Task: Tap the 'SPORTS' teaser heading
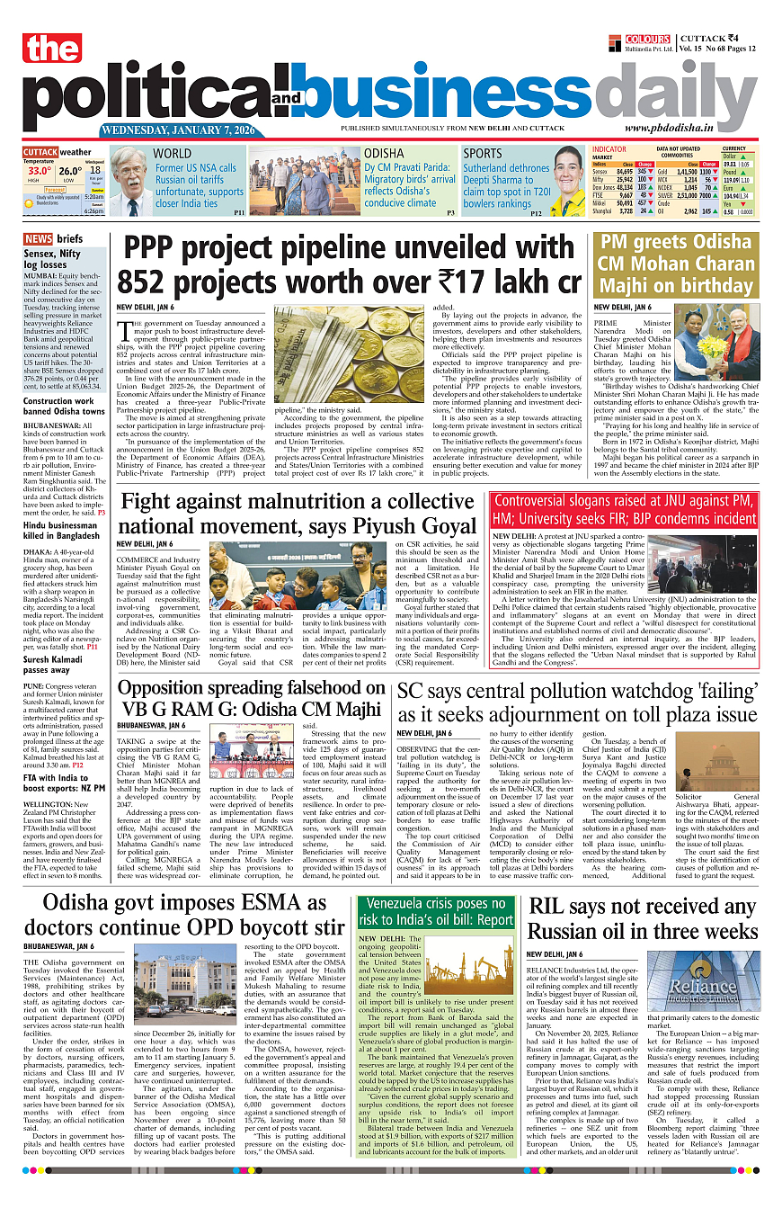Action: tap(483, 154)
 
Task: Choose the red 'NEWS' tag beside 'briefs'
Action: tap(38, 239)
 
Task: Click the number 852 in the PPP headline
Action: tap(152, 282)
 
